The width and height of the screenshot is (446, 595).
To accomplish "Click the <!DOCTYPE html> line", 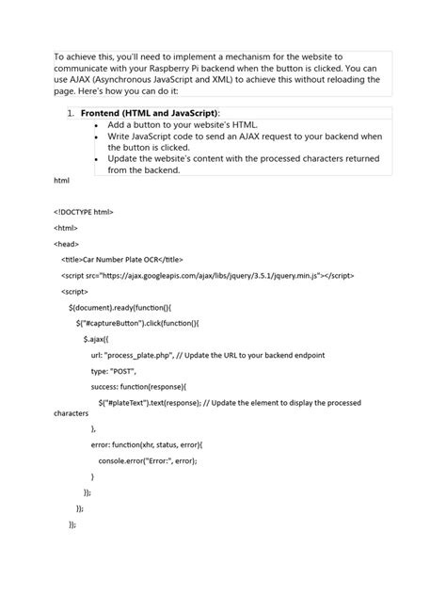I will click(84, 212).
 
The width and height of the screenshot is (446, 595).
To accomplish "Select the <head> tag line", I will click(66, 243).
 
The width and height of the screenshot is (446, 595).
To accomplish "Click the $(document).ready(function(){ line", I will click(119, 307).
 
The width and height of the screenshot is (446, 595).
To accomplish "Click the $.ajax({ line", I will click(97, 338).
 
